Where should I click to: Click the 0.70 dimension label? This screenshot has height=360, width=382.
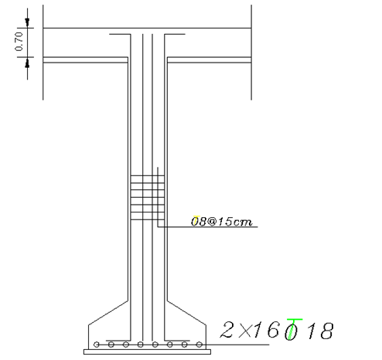tap(19, 42)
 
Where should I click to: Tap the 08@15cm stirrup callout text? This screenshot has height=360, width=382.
tap(221, 222)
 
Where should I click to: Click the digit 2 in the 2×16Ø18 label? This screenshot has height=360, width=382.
tap(227, 330)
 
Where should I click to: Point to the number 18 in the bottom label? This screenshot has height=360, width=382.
tap(320, 331)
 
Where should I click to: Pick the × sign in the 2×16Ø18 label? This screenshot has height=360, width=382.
tap(244, 331)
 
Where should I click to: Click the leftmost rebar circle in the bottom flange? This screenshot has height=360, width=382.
tap(97, 345)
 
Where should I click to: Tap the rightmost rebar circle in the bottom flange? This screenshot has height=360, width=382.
tap(199, 345)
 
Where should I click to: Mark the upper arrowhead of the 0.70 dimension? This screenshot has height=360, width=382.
tap(27, 22)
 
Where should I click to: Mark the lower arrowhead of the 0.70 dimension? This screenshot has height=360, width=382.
tap(27, 63)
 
